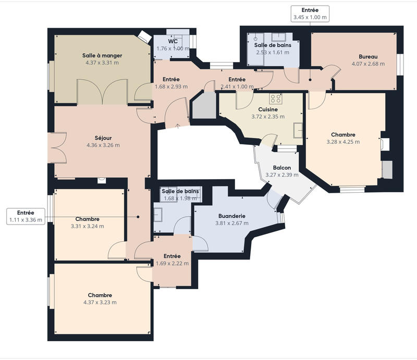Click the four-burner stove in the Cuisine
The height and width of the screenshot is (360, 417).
[276, 98]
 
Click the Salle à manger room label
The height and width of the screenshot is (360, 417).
[102, 55]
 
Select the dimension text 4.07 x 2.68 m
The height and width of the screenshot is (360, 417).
[367, 64]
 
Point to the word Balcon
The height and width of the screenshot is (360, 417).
[282, 168]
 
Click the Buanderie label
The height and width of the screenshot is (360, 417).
[232, 215]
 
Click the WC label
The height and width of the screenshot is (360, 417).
[173, 41]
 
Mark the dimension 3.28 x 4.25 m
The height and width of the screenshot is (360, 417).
[342, 141]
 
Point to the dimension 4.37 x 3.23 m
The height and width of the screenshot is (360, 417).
[100, 302]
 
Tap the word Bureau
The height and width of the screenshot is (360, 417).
[367, 56]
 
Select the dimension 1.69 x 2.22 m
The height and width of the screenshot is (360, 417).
[172, 264]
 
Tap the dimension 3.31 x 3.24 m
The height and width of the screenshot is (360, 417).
[87, 226]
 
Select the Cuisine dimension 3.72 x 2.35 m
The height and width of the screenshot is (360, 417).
[268, 117]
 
